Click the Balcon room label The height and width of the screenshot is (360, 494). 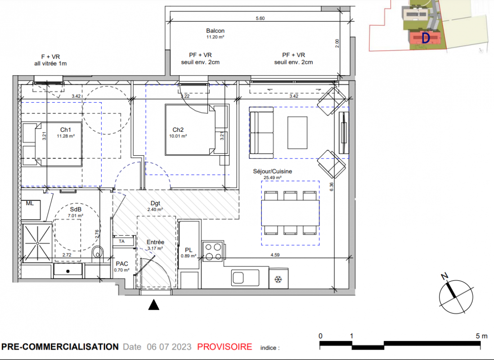[215, 31]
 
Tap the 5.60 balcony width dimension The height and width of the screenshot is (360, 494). [260, 18]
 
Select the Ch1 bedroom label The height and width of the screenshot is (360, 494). [66, 130]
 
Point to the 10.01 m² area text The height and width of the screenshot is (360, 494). [178, 136]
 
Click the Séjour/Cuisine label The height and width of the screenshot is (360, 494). [273, 171]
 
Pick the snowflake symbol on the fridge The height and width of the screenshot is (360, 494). [278, 279]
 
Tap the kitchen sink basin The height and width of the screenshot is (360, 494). [238, 278]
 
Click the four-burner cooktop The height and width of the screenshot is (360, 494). [213, 252]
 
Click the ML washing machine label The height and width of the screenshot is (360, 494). [30, 203]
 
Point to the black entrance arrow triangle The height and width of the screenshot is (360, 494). [154, 305]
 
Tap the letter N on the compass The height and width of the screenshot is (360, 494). [444, 276]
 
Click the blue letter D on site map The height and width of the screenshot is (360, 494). [426, 38]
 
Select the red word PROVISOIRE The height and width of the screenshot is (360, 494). [225, 347]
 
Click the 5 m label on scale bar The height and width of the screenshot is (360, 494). [481, 336]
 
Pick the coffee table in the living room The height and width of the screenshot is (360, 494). [297, 132]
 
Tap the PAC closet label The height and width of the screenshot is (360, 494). [122, 264]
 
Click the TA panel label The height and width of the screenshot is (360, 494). [121, 242]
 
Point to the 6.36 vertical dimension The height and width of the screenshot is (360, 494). [332, 187]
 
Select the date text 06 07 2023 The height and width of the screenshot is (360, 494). [169, 347]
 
